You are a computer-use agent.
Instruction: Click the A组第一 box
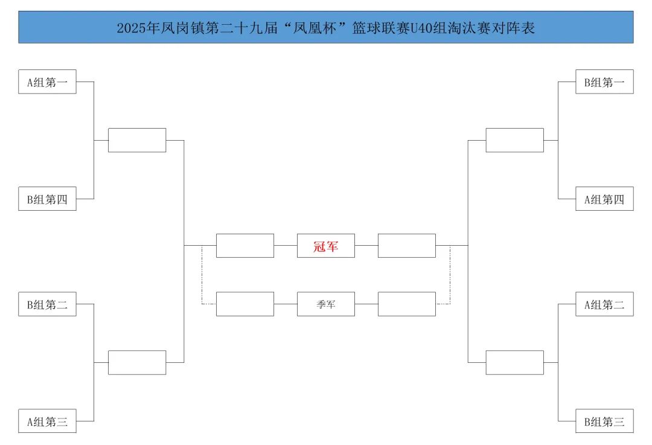pos(47,82)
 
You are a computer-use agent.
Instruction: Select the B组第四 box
pos(47,199)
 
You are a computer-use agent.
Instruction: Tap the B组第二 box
pos(47,304)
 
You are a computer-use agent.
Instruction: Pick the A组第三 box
pos(47,421)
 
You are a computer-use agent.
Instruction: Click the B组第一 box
pos(604,82)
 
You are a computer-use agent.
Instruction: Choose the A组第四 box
pos(604,199)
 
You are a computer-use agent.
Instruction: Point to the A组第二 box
pos(604,304)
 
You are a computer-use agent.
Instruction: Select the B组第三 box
pos(604,421)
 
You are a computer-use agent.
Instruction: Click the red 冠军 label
pos(325,246)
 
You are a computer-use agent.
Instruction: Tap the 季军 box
pos(325,304)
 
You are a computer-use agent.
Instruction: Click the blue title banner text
pos(325,28)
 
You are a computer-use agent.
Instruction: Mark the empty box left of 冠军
pos(245,246)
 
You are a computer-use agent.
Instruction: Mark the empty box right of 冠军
pos(406,246)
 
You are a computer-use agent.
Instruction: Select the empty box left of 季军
pos(245,304)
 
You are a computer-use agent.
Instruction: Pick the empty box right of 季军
pos(406,304)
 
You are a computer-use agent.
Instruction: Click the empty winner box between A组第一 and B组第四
pos(137,140)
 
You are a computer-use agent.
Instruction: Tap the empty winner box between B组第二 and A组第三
pos(137,362)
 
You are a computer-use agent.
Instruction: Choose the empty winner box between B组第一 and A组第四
pos(514,140)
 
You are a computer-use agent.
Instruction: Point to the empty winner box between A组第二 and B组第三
pos(514,362)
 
